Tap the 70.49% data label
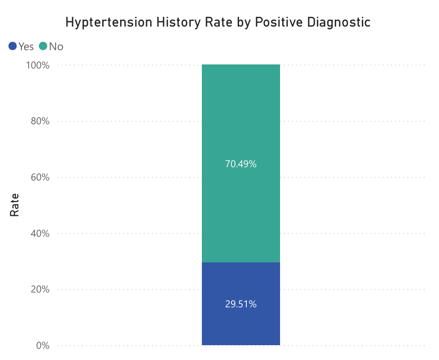pyautogui.click(x=241, y=164)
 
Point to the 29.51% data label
pyautogui.click(x=241, y=304)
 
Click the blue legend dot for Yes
pyautogui.click(x=13, y=47)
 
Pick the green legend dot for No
pyautogui.click(x=43, y=47)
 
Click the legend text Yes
pyautogui.click(x=26, y=47)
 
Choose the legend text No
pyautogui.click(x=56, y=47)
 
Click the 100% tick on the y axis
pyautogui.click(x=38, y=65)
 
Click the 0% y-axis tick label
pyautogui.click(x=42, y=346)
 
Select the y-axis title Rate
pyautogui.click(x=15, y=205)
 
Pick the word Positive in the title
pyautogui.click(x=274, y=22)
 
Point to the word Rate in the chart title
pyautogui.click(x=213, y=22)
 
